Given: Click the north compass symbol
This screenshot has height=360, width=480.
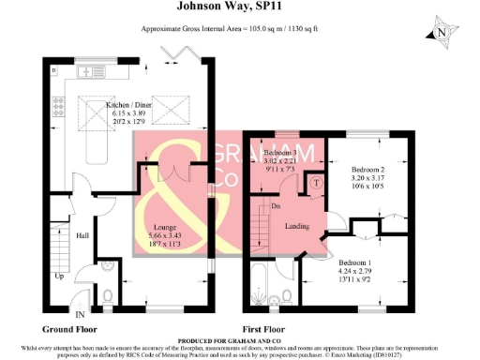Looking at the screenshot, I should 442,34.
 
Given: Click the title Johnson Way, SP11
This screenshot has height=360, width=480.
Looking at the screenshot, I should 239,7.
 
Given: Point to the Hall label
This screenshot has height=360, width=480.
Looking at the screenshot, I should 82,236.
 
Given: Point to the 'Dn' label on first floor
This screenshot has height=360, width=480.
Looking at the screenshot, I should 277,205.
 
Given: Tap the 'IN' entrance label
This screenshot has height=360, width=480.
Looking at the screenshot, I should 80,314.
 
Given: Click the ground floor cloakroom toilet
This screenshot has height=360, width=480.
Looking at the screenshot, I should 109,296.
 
